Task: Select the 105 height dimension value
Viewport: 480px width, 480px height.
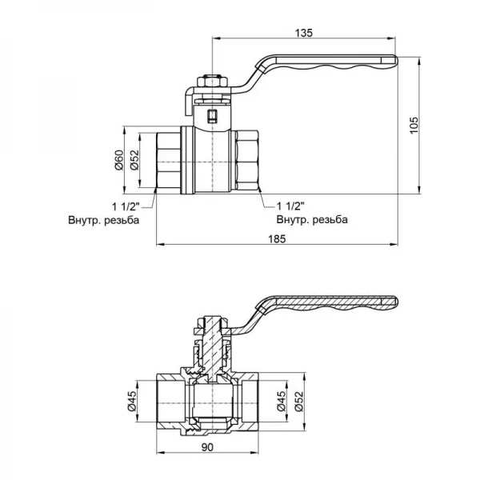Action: coord(414,125)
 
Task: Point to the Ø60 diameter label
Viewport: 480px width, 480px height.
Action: coord(118,159)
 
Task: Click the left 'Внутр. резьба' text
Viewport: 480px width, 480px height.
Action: coord(103,220)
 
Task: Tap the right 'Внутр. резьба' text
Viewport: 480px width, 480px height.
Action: coord(311,220)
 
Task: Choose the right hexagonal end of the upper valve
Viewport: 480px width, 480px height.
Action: coord(247,159)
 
